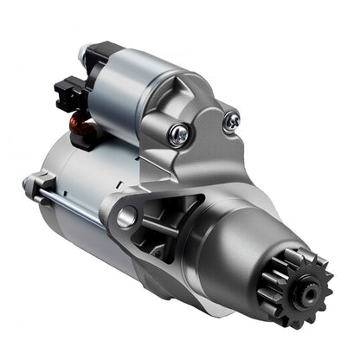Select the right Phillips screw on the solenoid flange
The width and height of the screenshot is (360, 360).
tap(230, 123)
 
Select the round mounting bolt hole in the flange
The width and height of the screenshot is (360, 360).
tap(126, 217)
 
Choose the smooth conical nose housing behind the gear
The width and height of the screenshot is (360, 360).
tap(247, 238)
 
